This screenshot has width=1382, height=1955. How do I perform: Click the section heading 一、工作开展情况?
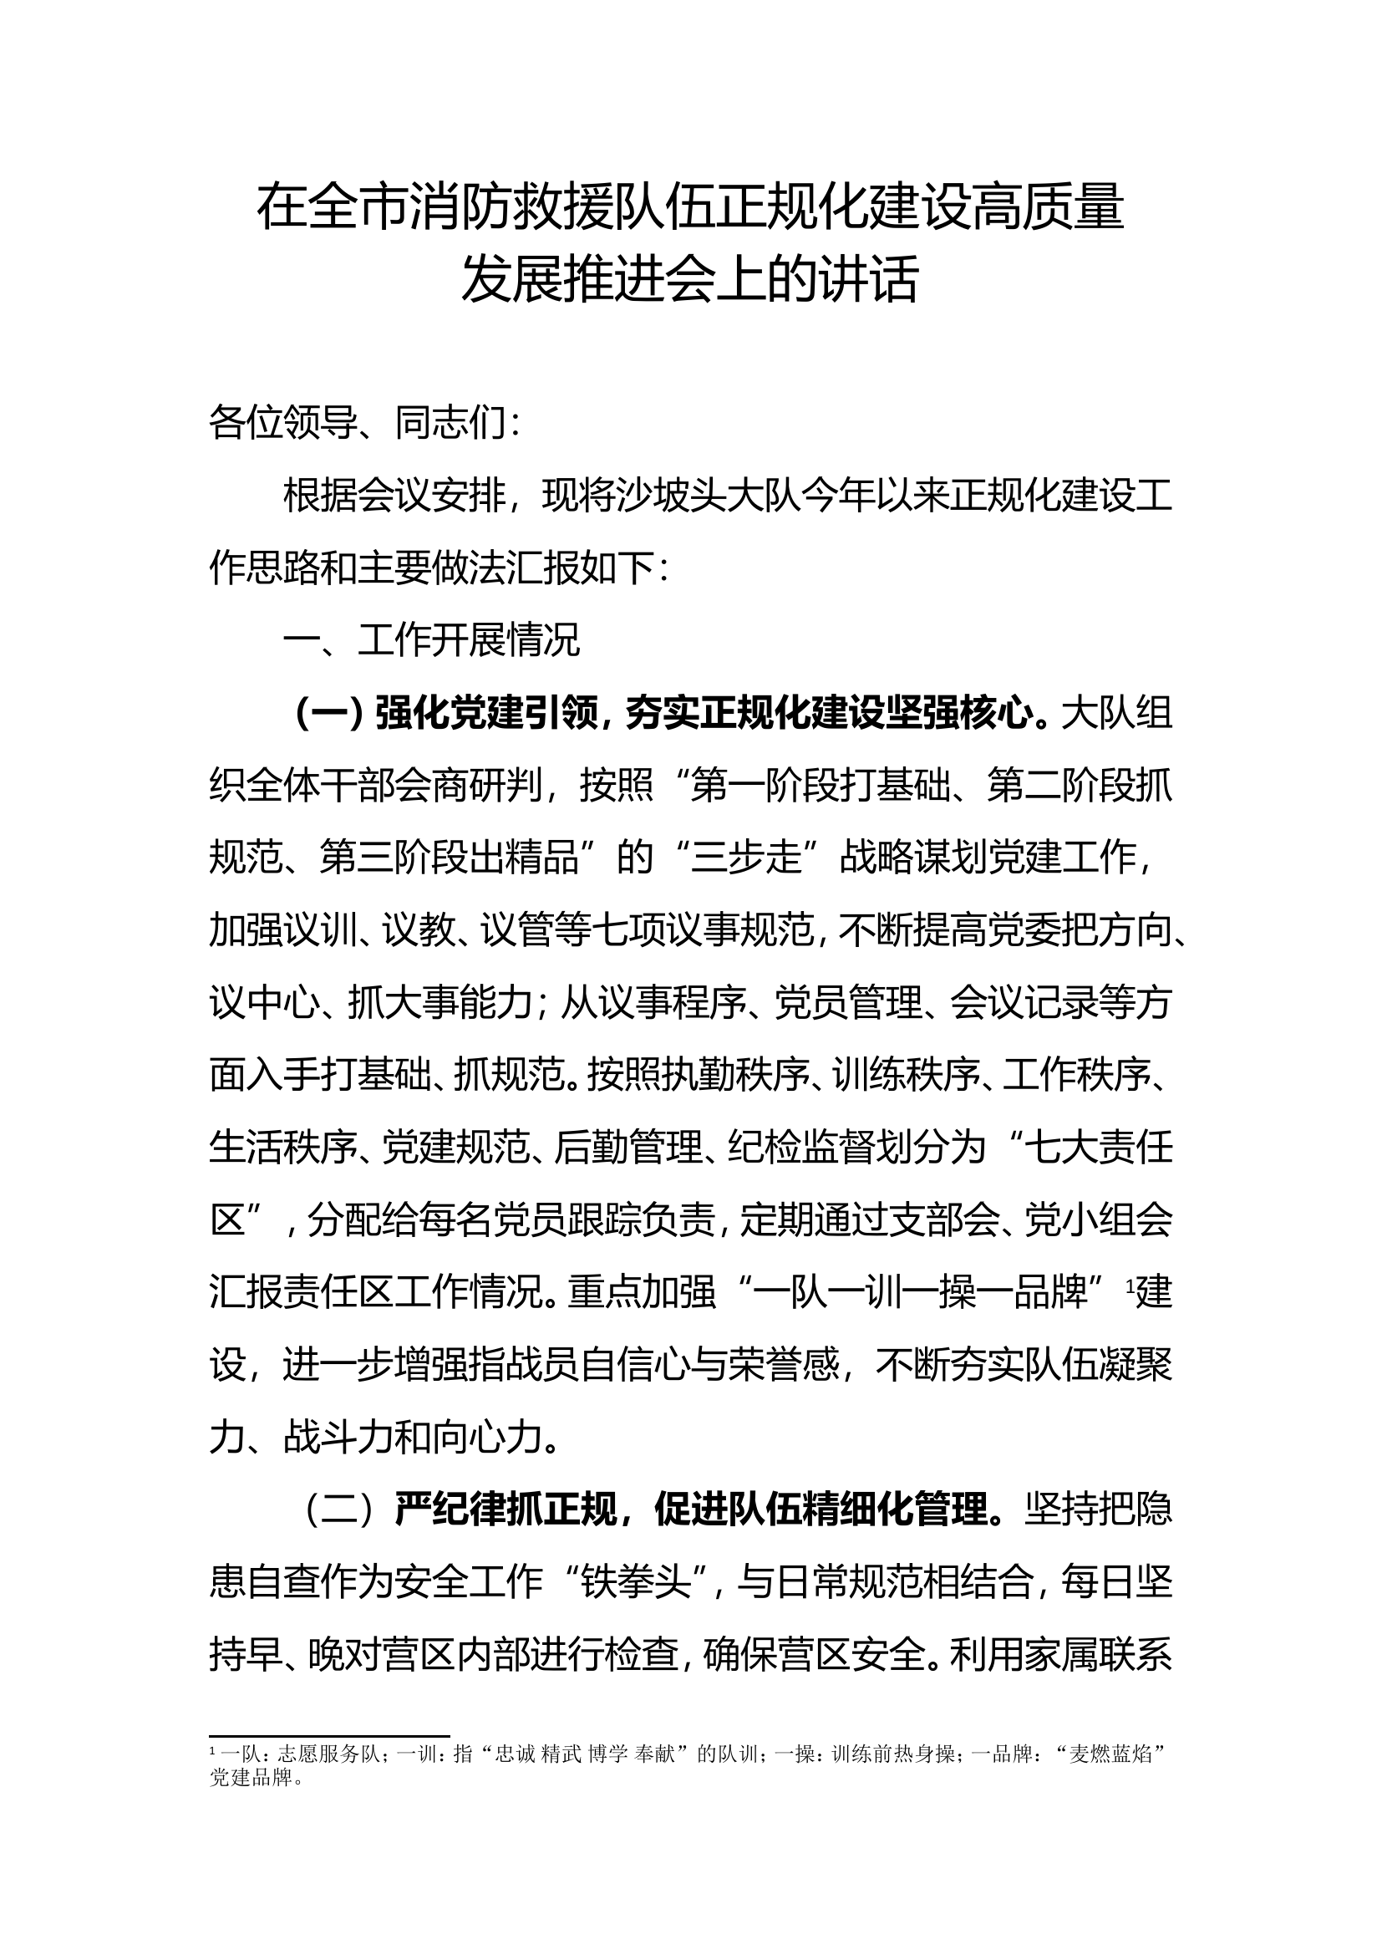point(431,640)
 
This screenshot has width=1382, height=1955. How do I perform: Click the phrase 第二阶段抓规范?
point(1080,786)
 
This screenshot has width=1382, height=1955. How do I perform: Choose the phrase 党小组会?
point(1098,1221)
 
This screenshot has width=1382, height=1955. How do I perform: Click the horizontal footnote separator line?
point(328,1735)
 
